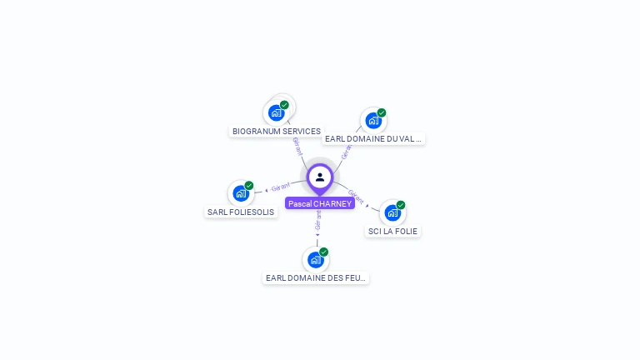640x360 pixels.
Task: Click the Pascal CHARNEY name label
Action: point(320,203)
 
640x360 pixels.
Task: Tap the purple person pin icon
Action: point(320,177)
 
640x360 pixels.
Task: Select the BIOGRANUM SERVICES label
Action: point(277,132)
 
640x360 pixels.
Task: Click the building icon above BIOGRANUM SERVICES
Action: point(277,112)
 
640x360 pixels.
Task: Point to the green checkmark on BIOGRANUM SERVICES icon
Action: point(284,105)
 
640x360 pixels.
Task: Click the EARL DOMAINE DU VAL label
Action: point(374,139)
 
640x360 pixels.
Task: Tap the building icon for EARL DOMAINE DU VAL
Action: point(373,120)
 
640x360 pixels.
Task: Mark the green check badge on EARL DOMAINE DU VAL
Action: point(382,112)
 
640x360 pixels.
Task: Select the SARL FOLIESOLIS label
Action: point(241,212)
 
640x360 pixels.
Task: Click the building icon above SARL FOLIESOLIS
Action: point(241,193)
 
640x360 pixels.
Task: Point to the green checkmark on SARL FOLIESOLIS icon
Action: point(249,186)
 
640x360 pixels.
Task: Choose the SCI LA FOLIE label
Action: point(392,231)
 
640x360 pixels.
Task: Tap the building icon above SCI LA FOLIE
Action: point(392,212)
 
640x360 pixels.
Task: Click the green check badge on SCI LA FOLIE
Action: point(401,205)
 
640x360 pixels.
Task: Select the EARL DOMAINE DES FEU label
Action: point(316,278)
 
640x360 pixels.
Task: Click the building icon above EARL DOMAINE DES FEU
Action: point(316,259)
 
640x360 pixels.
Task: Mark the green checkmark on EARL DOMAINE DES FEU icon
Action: point(324,252)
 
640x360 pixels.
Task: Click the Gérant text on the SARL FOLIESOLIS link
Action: point(281,187)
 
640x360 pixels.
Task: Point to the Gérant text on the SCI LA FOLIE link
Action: point(356,197)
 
